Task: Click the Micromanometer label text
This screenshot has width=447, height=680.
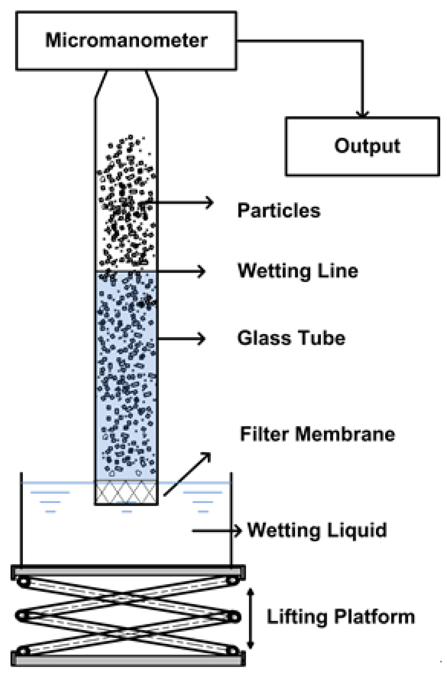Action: point(126,40)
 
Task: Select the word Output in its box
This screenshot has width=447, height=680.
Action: point(367,146)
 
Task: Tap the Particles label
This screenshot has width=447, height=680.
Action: point(279,210)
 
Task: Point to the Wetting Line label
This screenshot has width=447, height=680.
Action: point(298,271)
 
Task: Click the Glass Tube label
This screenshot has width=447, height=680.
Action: point(291,338)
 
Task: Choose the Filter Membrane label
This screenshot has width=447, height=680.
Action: point(318,434)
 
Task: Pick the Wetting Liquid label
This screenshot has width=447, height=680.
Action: point(317,530)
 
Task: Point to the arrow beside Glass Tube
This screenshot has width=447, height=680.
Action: point(181,339)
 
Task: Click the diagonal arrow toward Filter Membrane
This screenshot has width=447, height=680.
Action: point(187,474)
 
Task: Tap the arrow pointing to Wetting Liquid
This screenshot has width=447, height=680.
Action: point(216,531)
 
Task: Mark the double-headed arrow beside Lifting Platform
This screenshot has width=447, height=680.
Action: point(251,618)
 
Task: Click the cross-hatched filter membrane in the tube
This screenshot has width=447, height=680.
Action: point(126,492)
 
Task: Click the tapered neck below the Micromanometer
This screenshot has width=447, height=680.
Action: point(126,84)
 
